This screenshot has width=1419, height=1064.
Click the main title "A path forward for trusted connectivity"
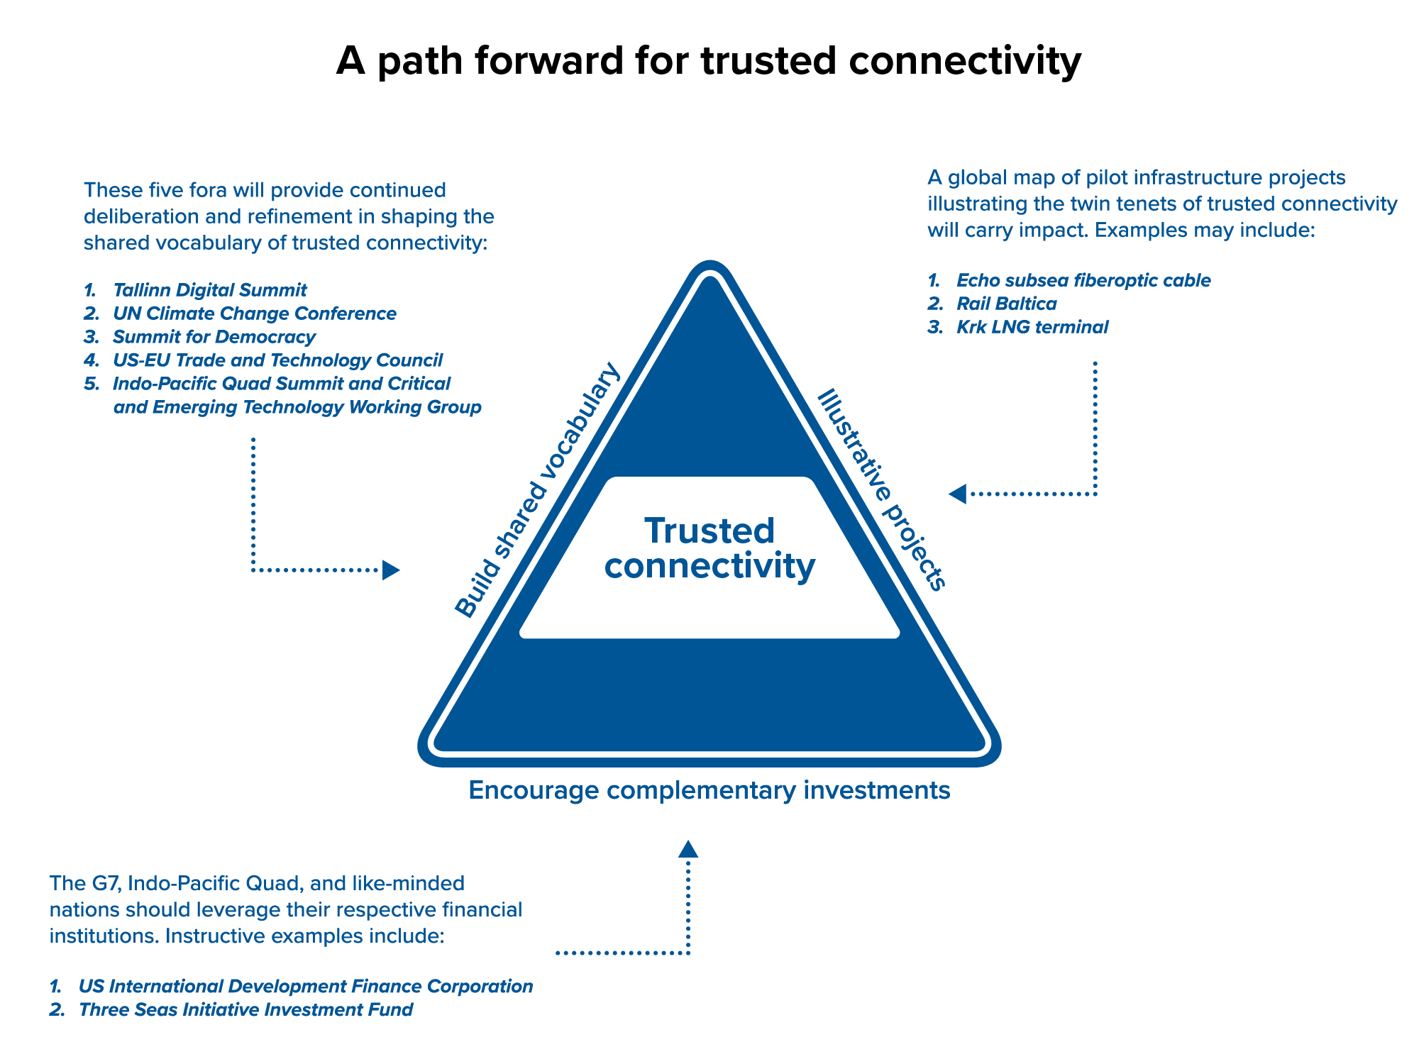[x=708, y=61]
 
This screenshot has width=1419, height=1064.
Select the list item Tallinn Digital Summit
[x=209, y=290]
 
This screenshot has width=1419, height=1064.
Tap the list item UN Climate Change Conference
[x=254, y=314]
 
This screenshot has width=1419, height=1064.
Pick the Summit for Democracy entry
[x=214, y=337]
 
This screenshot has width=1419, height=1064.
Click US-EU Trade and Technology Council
[x=277, y=360]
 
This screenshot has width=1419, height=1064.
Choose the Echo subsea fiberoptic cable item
[x=1083, y=280]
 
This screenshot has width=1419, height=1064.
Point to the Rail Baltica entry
[x=1006, y=304]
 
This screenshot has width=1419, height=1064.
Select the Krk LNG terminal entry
[x=1032, y=327]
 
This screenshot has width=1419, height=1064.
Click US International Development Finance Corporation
[x=305, y=986]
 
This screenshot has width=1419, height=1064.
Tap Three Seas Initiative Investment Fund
[x=245, y=1009]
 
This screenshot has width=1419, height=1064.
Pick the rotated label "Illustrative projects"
[x=882, y=489]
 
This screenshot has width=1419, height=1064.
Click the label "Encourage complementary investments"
[x=709, y=790]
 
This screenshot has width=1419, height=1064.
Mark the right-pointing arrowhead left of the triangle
[x=390, y=570]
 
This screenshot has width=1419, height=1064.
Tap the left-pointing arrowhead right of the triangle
[x=958, y=494]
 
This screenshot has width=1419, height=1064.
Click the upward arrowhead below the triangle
[x=688, y=849]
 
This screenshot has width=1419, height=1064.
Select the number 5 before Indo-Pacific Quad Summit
[x=92, y=384]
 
